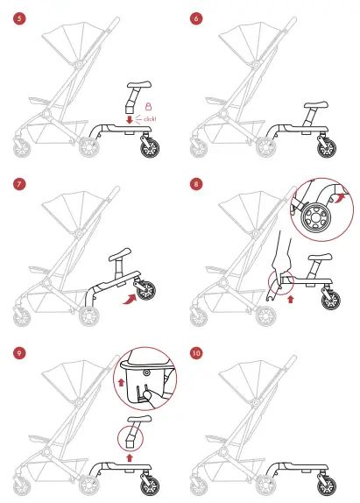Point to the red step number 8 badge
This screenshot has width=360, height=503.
pos(196,185)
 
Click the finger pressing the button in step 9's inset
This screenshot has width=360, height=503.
pos(149,394)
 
